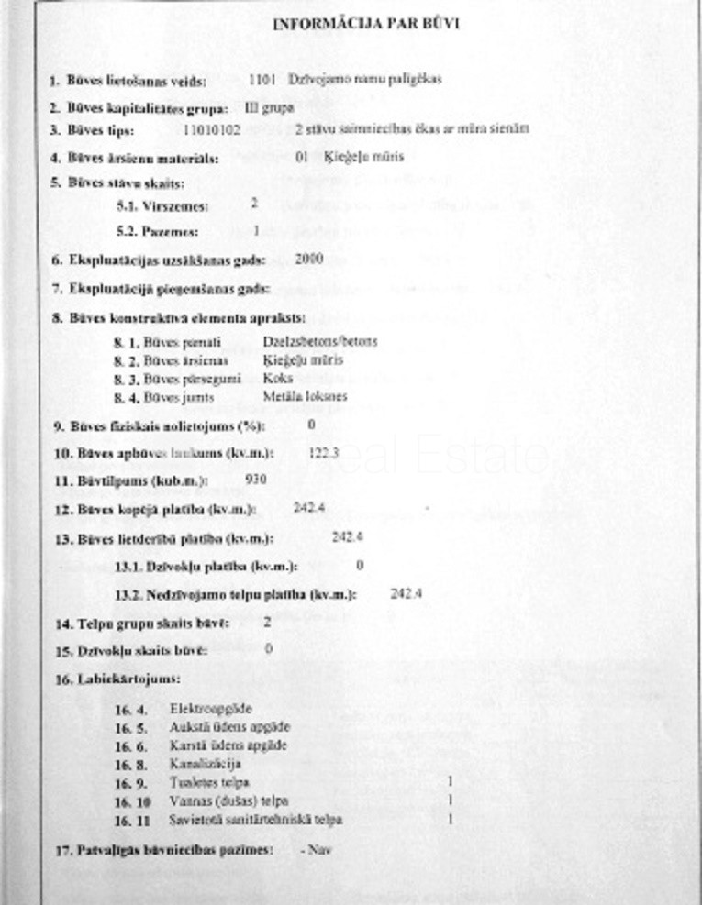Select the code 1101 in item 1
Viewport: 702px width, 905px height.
pyautogui.click(x=262, y=79)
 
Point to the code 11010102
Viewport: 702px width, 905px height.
pyautogui.click(x=212, y=130)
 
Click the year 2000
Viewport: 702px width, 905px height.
pyautogui.click(x=309, y=259)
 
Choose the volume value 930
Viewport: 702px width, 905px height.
pyautogui.click(x=258, y=480)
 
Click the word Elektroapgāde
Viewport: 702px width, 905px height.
pyautogui.click(x=210, y=708)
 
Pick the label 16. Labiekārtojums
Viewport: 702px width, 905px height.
pyautogui.click(x=117, y=679)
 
